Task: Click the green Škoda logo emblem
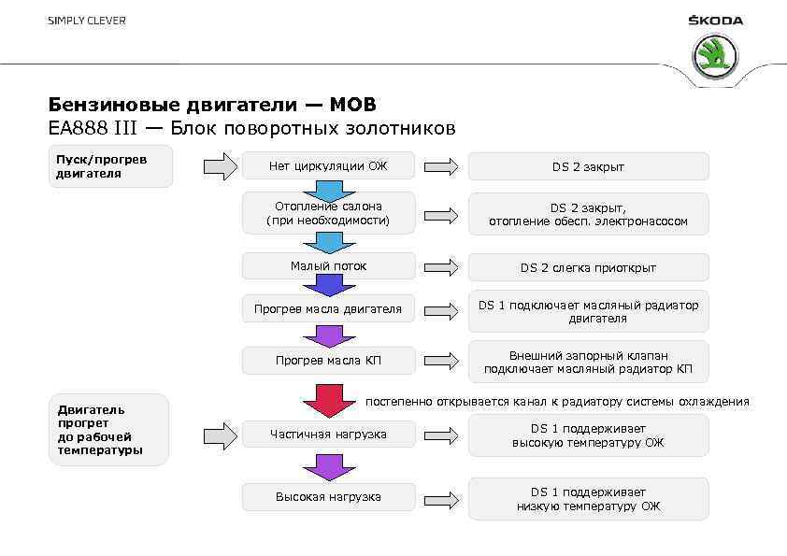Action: coord(714,56)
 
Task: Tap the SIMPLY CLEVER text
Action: coord(87,21)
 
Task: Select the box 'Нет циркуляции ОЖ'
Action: coord(327,166)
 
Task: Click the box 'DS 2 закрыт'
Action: coord(588,166)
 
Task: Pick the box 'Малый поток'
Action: coord(327,266)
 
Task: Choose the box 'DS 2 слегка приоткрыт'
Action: coord(588,267)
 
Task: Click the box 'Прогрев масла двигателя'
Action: coord(327,309)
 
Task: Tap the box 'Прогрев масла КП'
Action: coord(327,361)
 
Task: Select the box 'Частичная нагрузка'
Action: coord(327,435)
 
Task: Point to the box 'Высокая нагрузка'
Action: coord(327,496)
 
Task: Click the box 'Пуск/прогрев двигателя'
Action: coord(110,165)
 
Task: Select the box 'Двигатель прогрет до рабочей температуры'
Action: coord(108,430)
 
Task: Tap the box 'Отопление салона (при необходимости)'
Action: coord(327,213)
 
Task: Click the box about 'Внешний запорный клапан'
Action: coord(588,362)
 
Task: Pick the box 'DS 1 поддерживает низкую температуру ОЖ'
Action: coord(588,499)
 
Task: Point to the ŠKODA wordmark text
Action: coord(715,21)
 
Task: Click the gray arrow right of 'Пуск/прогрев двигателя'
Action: coord(221,166)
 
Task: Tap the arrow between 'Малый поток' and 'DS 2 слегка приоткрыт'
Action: coord(441,267)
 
